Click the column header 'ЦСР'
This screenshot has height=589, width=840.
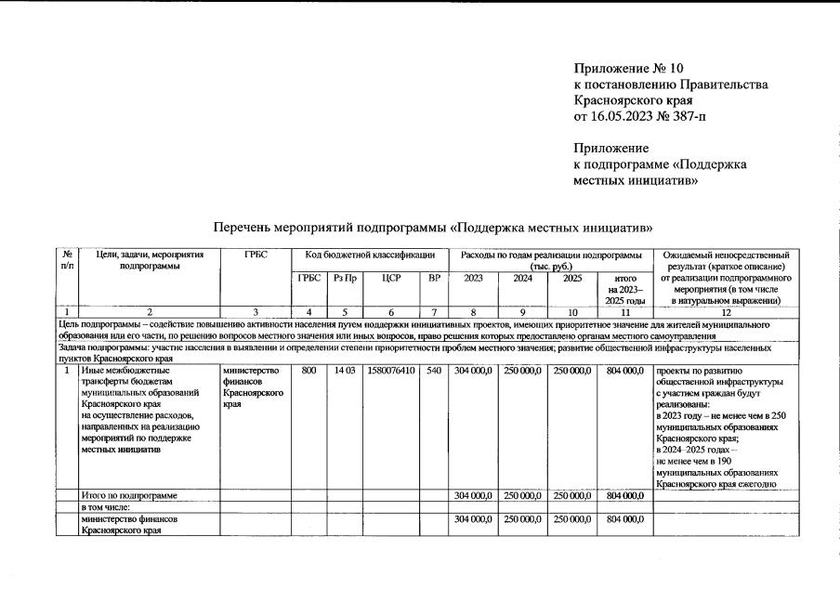(390, 278)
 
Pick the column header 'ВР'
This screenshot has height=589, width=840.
(433, 278)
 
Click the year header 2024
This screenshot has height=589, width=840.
(523, 278)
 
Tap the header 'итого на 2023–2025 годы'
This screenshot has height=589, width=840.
(624, 289)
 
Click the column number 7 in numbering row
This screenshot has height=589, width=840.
(433, 312)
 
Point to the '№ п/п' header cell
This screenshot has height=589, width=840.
(67, 260)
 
